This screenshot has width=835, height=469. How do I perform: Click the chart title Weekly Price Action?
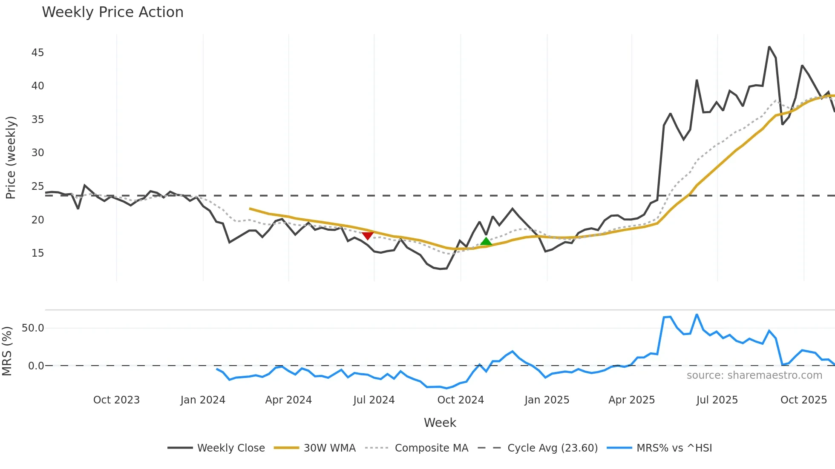click(112, 12)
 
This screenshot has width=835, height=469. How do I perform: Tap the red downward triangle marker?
click(368, 235)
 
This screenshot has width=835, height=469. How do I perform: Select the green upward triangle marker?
click(486, 242)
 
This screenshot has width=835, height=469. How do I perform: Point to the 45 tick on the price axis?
click(37, 53)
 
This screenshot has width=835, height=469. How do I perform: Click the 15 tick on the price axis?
click(37, 253)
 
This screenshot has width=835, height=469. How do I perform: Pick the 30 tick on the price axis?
click(37, 153)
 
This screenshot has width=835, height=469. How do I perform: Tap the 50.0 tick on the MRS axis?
click(33, 328)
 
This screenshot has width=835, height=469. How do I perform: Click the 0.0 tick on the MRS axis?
click(36, 366)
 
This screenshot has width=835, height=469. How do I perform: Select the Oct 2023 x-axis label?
click(116, 400)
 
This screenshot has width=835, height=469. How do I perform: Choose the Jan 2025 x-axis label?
click(547, 400)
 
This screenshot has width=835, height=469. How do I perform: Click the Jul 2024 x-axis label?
click(374, 400)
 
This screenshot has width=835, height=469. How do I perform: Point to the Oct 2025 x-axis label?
click(803, 400)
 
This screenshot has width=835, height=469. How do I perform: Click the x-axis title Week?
click(440, 423)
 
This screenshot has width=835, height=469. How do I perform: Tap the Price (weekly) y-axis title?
click(11, 157)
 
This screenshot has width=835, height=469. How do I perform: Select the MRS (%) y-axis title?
click(7, 351)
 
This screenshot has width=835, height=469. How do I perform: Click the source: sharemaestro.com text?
click(754, 375)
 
